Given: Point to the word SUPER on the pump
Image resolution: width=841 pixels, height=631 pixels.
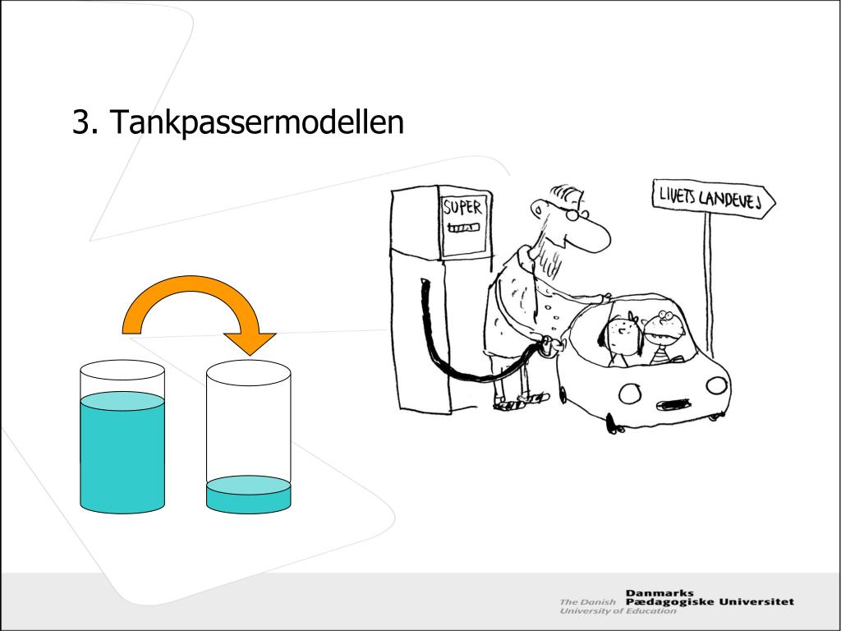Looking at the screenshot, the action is pyautogui.click(x=462, y=208).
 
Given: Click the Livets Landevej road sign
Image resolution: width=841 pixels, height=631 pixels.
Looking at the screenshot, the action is pyautogui.click(x=712, y=198).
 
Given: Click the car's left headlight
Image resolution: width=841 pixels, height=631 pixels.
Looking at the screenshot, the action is pyautogui.click(x=630, y=394).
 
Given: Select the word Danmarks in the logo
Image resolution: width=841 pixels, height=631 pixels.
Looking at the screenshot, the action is pyautogui.click(x=659, y=592).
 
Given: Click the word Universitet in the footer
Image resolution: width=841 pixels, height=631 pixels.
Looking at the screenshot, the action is pyautogui.click(x=756, y=601).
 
